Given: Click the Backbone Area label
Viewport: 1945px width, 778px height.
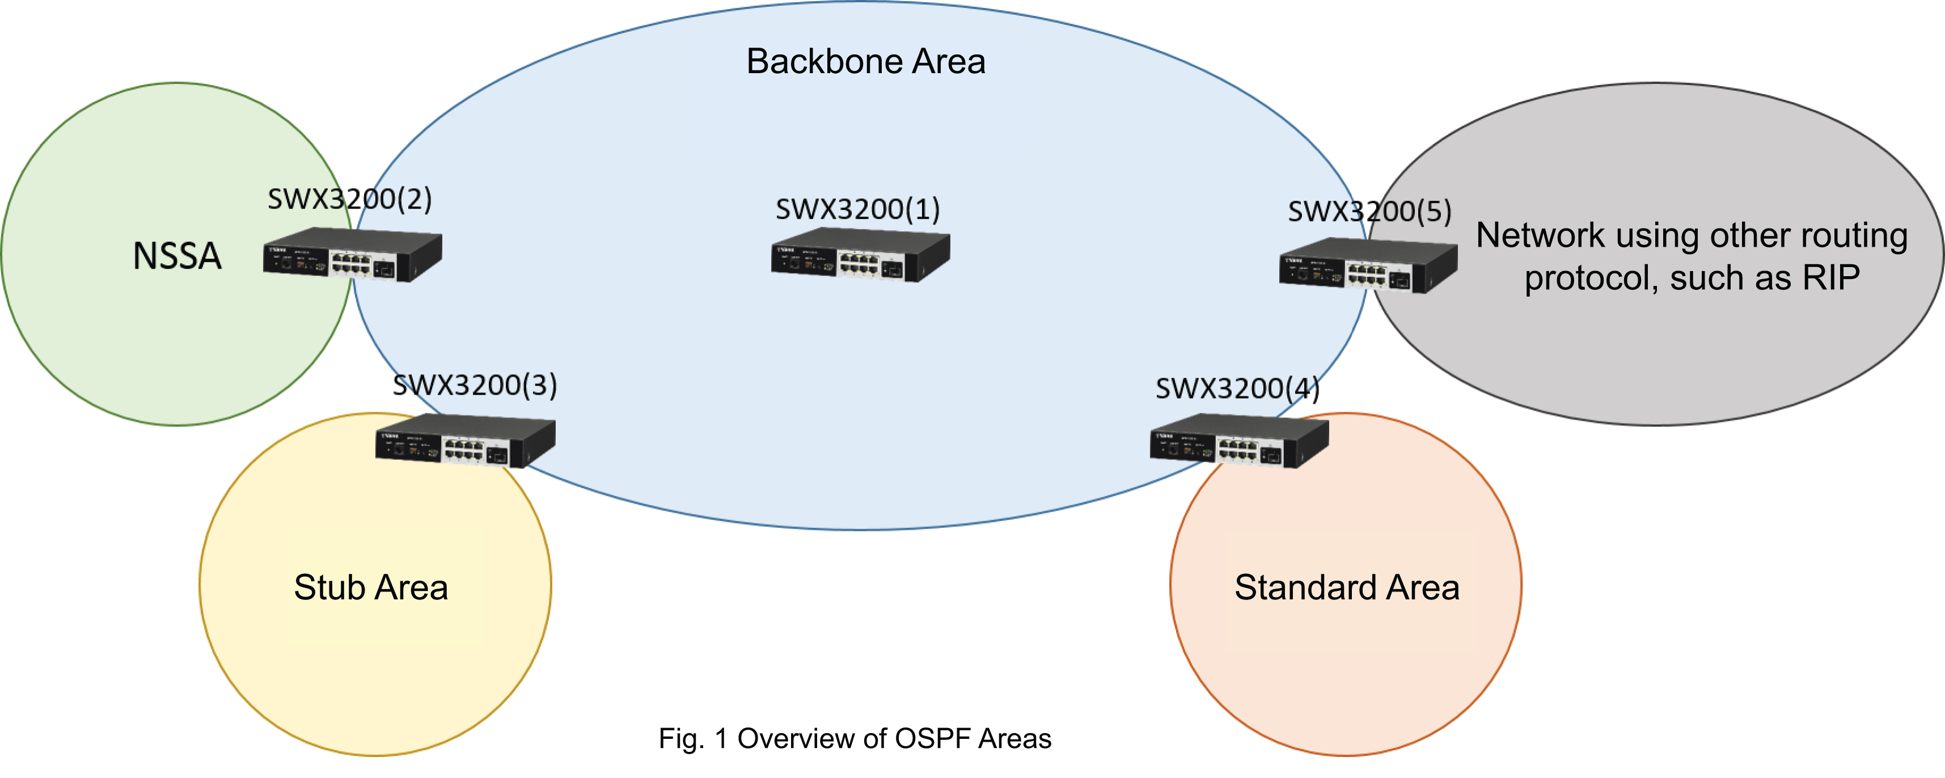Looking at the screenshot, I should pyautogui.click(x=865, y=61).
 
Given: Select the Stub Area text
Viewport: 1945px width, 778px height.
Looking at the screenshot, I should pyautogui.click(x=371, y=587).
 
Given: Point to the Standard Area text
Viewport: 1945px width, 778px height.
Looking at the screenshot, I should pyautogui.click(x=1346, y=587).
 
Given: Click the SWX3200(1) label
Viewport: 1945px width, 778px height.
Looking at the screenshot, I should pyautogui.click(x=858, y=209).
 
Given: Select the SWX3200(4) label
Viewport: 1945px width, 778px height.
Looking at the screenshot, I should pyautogui.click(x=1237, y=388).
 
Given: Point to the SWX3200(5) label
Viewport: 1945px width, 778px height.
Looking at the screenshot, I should pyautogui.click(x=1369, y=212).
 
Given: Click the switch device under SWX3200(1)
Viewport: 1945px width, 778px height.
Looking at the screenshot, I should pyautogui.click(x=860, y=257).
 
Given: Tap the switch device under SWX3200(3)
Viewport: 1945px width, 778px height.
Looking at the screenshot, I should pyautogui.click(x=465, y=441).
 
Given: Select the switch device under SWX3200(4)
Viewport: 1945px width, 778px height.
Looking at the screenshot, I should pyautogui.click(x=1239, y=441).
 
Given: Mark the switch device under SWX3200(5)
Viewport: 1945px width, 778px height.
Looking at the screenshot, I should pyautogui.click(x=1368, y=266).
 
